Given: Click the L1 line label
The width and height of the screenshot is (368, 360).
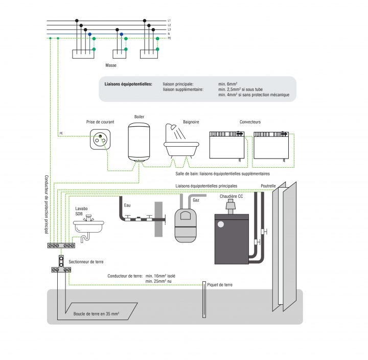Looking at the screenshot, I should tap(169, 20).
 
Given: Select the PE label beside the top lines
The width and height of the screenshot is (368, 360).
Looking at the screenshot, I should tap(169, 38).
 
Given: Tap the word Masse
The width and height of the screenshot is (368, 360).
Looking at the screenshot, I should tap(111, 65).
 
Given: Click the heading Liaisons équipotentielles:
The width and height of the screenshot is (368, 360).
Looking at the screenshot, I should tap(128, 84).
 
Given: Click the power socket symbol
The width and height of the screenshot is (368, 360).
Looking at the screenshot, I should tap(100, 139).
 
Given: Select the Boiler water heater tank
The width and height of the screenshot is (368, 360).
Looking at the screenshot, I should tap(139, 142).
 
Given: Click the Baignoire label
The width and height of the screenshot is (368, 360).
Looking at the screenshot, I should tap(191, 122).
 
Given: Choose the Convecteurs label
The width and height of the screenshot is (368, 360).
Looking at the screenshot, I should tap(250, 122).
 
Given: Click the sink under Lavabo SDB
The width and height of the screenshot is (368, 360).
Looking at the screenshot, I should tap(89, 226).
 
